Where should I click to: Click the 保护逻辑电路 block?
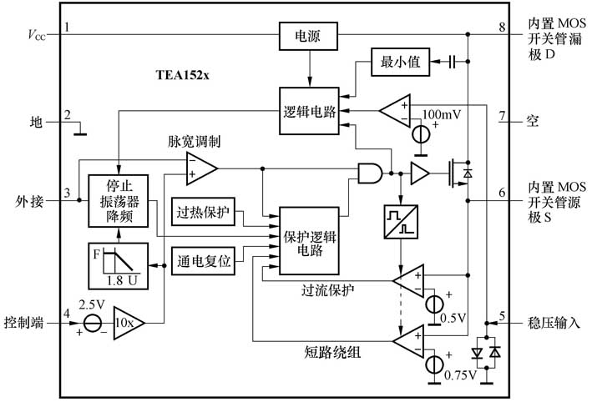(309, 239)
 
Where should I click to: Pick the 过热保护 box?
(204, 213)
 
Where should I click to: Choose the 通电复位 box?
(204, 260)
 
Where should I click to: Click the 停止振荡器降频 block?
(118, 201)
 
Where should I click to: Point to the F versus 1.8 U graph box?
(118, 265)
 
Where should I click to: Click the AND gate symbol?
(369, 173)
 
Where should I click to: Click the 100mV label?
(443, 113)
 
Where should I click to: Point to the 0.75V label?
(460, 374)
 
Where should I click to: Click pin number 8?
(502, 27)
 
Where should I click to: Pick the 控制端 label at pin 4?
(22, 321)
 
